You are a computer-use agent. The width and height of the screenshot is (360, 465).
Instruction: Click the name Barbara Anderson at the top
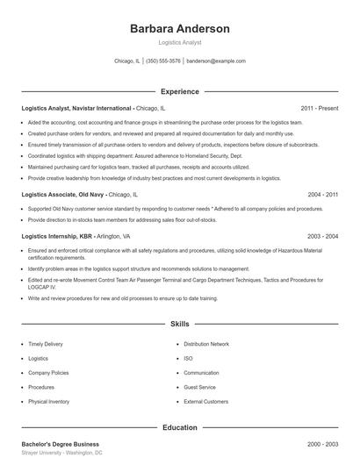(179, 29)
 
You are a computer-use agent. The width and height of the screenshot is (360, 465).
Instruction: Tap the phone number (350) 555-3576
(163, 61)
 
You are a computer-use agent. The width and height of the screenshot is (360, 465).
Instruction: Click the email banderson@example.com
(216, 61)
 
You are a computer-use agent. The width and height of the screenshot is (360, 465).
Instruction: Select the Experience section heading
(179, 91)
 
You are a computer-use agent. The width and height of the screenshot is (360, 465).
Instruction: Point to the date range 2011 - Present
(320, 108)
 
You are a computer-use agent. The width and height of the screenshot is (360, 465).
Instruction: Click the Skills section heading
(179, 324)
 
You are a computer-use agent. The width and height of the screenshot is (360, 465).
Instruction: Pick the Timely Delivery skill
(46, 344)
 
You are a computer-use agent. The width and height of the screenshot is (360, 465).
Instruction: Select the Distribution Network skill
(206, 344)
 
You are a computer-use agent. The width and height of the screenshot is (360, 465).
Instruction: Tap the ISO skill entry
(188, 359)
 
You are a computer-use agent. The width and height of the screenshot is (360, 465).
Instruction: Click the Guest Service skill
(199, 387)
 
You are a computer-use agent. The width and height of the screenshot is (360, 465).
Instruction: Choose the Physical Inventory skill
(48, 402)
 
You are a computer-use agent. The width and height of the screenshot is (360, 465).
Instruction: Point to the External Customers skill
(205, 402)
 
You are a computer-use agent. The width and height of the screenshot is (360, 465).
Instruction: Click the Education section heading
(179, 427)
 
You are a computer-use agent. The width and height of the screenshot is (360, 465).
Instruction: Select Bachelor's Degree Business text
(61, 444)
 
